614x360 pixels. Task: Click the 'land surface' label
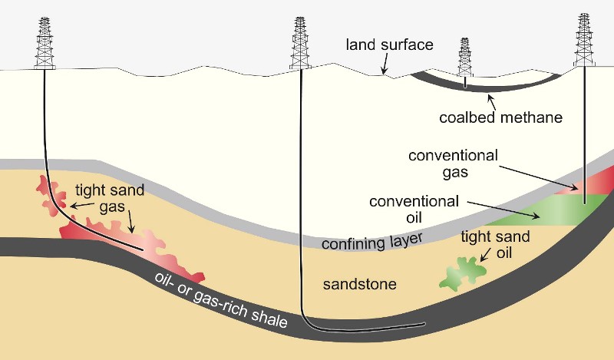(390, 45)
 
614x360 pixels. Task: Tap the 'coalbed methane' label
(501, 117)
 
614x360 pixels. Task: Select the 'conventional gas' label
(453, 163)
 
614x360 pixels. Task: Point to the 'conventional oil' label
(414, 210)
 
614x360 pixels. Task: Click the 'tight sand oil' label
(495, 244)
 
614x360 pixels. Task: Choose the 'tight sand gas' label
(110, 198)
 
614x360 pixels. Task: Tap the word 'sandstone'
(359, 284)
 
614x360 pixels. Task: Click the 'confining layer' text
(372, 242)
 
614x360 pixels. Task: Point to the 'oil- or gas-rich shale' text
(221, 299)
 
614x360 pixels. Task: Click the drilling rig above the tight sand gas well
(45, 43)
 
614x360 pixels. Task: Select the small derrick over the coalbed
(465, 58)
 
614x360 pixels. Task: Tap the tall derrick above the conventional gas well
(584, 40)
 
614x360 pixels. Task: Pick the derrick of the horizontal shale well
(300, 43)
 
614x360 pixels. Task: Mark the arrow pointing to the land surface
(386, 64)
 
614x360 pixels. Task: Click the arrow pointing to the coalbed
(491, 102)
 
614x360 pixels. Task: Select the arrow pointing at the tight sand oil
(485, 254)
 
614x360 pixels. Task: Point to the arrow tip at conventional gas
(578, 189)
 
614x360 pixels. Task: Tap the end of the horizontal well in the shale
(424, 324)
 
